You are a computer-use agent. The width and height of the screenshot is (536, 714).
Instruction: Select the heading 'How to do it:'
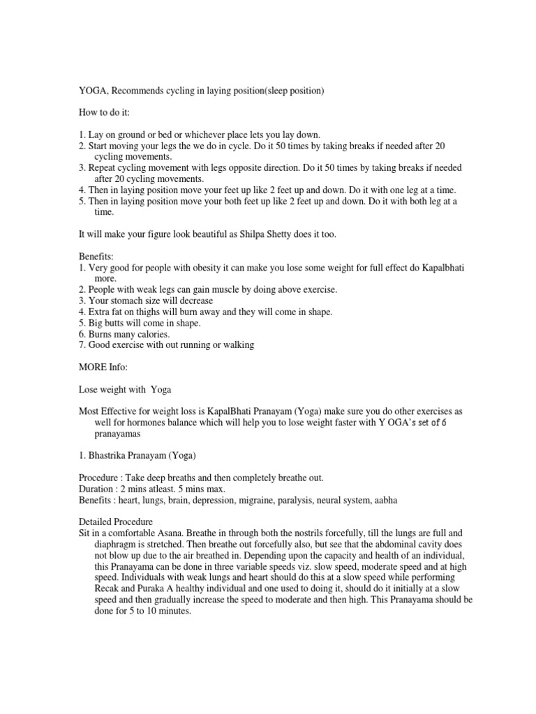[105, 112]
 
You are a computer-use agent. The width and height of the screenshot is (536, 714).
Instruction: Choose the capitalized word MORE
[93, 367]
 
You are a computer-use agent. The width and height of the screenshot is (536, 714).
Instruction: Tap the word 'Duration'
[97, 489]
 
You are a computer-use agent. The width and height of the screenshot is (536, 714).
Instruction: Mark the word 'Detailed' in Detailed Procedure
[96, 522]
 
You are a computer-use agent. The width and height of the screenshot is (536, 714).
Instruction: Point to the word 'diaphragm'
[117, 544]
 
